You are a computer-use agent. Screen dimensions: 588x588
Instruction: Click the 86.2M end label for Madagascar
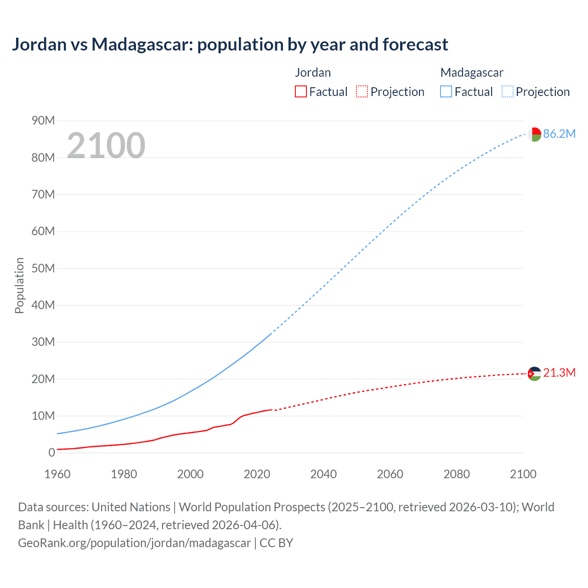click(x=559, y=134)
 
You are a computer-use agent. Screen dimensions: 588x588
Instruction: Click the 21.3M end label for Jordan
click(x=559, y=373)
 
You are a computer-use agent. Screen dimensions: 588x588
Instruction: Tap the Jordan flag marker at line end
click(x=534, y=374)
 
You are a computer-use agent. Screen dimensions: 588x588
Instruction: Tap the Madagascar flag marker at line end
click(x=534, y=134)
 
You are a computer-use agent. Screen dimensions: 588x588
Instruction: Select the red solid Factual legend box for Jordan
click(x=300, y=92)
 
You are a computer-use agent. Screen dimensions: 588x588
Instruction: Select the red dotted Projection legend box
click(x=362, y=92)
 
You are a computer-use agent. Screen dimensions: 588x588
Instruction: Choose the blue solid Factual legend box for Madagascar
click(x=446, y=92)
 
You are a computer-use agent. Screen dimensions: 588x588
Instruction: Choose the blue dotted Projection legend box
click(x=508, y=92)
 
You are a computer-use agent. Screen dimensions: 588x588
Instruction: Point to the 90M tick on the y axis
click(x=43, y=121)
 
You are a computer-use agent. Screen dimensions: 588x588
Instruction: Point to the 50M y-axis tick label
click(x=43, y=268)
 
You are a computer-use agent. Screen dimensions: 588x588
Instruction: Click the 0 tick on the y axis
click(x=51, y=453)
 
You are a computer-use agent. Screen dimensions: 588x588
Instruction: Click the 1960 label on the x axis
click(x=57, y=474)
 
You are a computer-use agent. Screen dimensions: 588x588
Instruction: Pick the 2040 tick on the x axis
click(x=323, y=474)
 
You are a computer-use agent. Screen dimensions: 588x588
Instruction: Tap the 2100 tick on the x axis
click(x=523, y=474)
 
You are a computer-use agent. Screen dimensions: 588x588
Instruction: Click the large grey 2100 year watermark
click(x=106, y=146)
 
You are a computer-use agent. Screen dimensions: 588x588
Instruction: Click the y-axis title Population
click(x=19, y=285)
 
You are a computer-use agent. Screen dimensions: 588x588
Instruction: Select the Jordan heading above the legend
click(x=313, y=73)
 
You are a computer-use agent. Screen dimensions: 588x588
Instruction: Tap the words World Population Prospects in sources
click(x=252, y=507)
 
